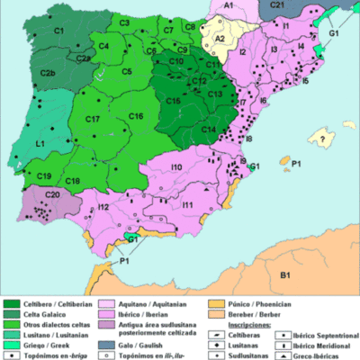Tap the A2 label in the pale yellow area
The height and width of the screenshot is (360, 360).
219,40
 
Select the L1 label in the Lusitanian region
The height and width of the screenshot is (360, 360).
41,143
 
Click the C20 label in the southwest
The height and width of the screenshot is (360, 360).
52,195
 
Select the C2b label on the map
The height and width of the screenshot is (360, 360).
49,73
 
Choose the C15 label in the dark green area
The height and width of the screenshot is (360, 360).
174,100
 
